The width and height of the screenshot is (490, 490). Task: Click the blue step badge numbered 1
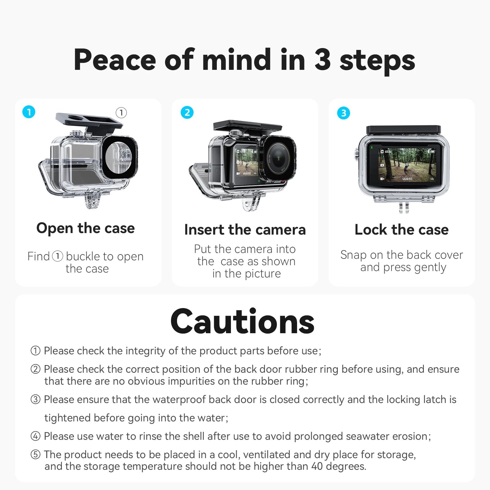(x=29, y=112)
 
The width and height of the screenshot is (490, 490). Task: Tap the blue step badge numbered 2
(x=187, y=112)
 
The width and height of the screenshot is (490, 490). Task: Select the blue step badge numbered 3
(x=343, y=113)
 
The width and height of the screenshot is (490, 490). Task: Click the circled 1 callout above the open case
(x=121, y=113)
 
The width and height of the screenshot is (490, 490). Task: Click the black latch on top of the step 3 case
(x=403, y=129)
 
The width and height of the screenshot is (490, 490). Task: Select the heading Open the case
(x=85, y=228)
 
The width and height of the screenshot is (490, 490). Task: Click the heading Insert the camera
(x=245, y=230)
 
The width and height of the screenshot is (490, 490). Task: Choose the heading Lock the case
(x=401, y=230)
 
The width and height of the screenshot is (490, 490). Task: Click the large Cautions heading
(x=242, y=322)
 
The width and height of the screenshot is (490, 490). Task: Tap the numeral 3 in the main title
(x=322, y=60)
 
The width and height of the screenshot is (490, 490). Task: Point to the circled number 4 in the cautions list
(x=36, y=436)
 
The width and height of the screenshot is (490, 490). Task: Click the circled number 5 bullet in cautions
(x=36, y=454)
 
